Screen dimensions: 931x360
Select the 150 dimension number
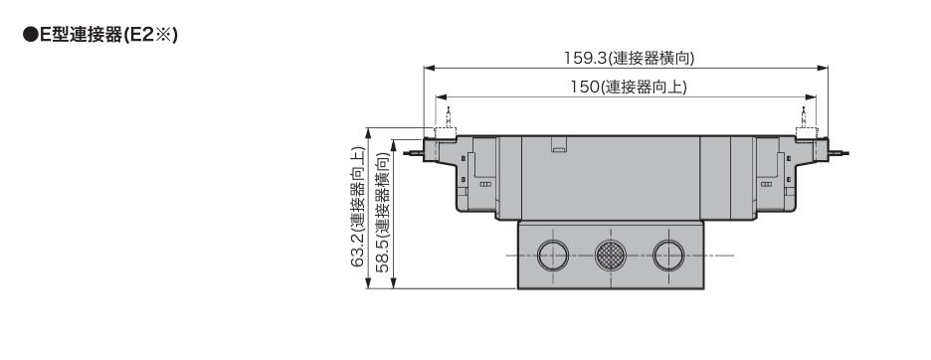[x=586, y=87]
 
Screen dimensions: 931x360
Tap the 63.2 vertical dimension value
[x=357, y=250]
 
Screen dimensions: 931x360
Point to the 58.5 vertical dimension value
[x=383, y=255]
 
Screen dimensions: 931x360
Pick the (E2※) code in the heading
[x=150, y=35]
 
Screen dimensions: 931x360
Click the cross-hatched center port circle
[x=611, y=256]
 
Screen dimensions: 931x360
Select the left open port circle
[x=553, y=256]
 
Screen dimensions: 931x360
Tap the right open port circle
[x=668, y=256]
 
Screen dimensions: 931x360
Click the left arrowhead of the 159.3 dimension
[x=429, y=69]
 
